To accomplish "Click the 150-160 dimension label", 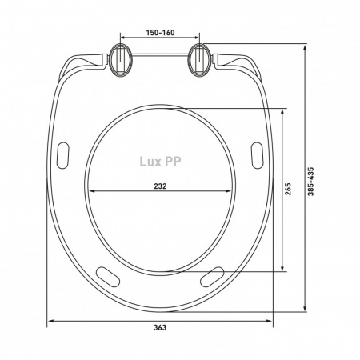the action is pyautogui.click(x=160, y=33).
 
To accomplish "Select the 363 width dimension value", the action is pyautogui.click(x=160, y=327).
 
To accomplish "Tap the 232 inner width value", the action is pyautogui.click(x=160, y=186).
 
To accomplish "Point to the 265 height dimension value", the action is pyautogui.click(x=288, y=189).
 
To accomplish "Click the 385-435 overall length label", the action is pyautogui.click(x=311, y=182).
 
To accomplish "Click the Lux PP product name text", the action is pyautogui.click(x=160, y=162).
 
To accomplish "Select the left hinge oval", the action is pyautogui.click(x=121, y=60).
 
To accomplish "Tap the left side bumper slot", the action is pyautogui.click(x=63, y=155).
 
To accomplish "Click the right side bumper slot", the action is pyautogui.click(x=258, y=155).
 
